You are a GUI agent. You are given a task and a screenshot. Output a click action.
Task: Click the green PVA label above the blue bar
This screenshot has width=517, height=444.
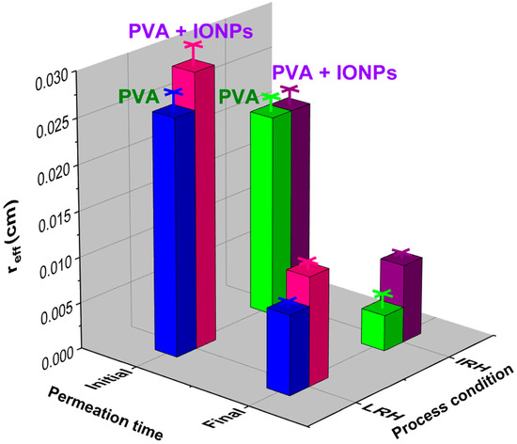pyautogui.click(x=136, y=96)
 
